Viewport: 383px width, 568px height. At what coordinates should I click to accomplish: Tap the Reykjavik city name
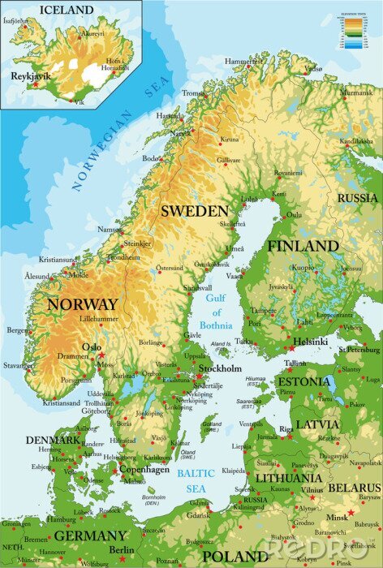[31, 75]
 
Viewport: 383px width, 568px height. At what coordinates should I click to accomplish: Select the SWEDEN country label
[194, 210]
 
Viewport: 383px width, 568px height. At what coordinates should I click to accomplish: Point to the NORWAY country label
[83, 304]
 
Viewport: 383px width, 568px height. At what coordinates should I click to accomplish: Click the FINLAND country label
[303, 245]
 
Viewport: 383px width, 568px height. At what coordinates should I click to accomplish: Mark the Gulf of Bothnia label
[216, 312]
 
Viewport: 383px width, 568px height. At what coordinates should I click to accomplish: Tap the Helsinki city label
[311, 341]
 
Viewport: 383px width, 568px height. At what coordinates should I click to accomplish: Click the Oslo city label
[92, 347]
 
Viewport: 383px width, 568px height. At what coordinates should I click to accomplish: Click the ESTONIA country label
[303, 381]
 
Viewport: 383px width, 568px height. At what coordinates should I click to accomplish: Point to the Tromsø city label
[194, 93]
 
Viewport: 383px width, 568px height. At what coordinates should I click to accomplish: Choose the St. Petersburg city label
[359, 350]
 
